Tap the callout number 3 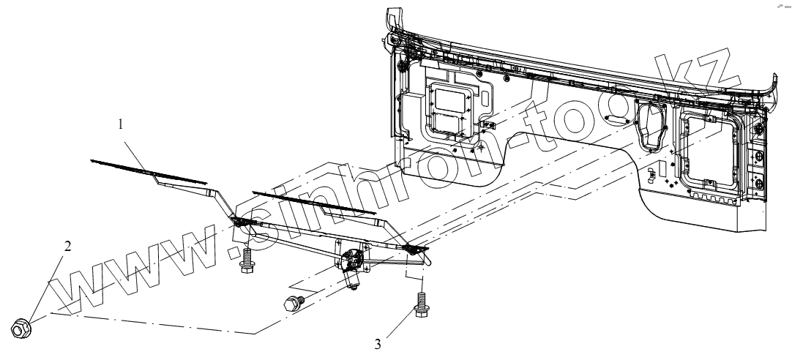click(x=378, y=342)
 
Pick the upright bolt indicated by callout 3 click(x=421, y=305)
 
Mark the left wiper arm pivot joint click(x=239, y=223)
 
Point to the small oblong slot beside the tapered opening click(x=618, y=117)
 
